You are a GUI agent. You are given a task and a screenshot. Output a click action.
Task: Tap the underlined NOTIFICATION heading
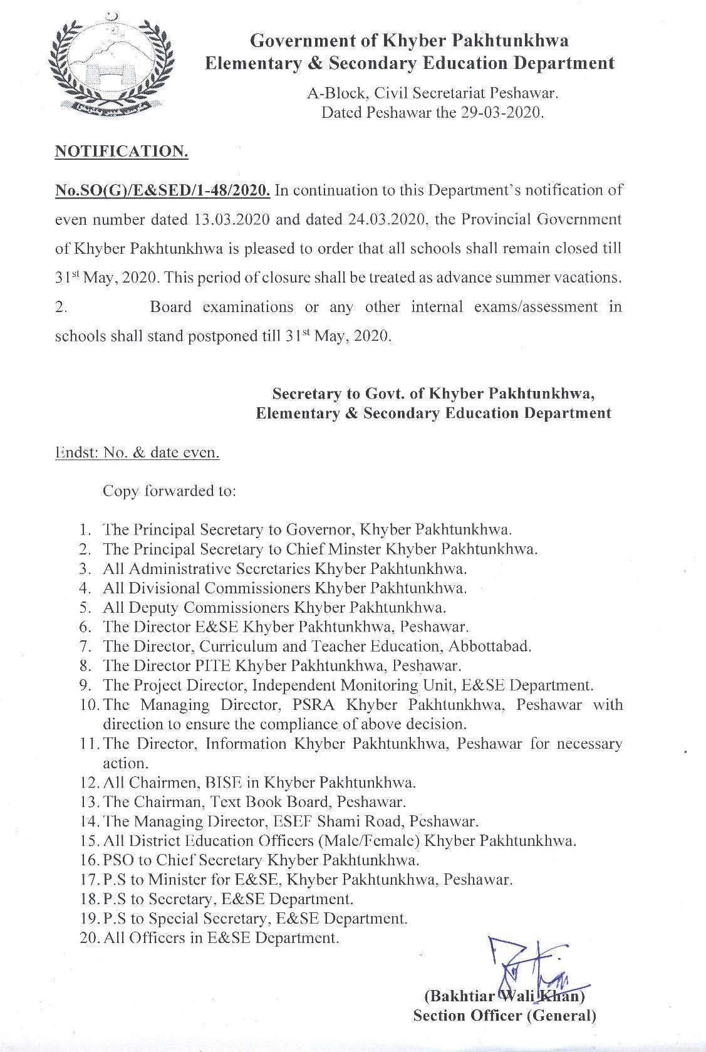tap(122, 152)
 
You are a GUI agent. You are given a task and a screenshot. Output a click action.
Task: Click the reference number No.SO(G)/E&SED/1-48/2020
tap(163, 190)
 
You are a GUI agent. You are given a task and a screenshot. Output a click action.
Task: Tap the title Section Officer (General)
tap(504, 1016)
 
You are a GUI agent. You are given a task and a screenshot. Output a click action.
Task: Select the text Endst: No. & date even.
tap(137, 452)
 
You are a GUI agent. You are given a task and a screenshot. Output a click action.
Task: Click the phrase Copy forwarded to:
tap(169, 491)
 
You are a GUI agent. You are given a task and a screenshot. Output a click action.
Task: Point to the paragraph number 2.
tap(61, 307)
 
